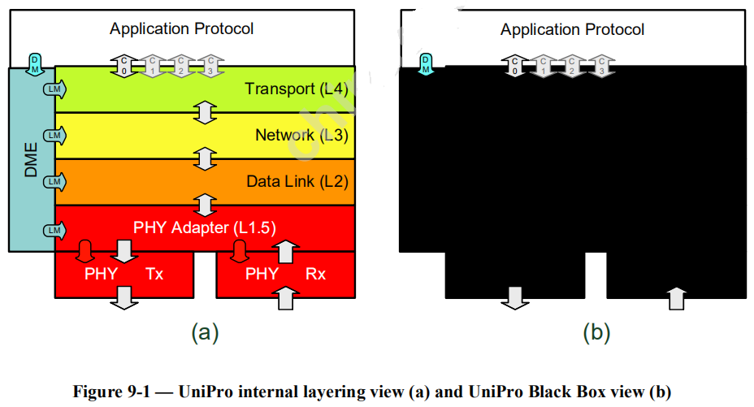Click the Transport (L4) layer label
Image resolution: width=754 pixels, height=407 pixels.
(296, 89)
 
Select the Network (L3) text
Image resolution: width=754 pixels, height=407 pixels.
(301, 135)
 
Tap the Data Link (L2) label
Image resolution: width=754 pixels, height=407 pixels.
(297, 181)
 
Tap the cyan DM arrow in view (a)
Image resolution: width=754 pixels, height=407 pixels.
(35, 63)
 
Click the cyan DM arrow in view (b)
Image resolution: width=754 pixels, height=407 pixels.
(425, 63)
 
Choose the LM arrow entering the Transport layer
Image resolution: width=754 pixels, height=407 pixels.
(54, 90)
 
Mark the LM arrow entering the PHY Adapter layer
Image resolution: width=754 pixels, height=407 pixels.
(54, 230)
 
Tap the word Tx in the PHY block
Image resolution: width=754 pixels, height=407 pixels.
(154, 274)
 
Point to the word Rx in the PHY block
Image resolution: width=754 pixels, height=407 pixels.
(315, 274)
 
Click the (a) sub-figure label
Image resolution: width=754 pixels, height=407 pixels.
(204, 331)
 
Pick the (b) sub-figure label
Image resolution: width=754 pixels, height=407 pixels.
(596, 331)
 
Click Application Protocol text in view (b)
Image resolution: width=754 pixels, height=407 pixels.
(572, 30)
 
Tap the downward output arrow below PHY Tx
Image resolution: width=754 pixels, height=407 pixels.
(123, 297)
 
